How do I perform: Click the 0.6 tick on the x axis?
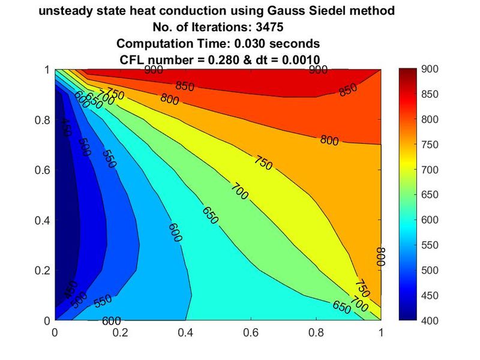pyautogui.click(x=251, y=331)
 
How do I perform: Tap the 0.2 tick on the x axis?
pyautogui.click(x=121, y=331)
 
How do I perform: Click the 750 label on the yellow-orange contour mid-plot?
pyautogui.click(x=263, y=162)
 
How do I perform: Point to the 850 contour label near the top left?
pyautogui.click(x=185, y=87)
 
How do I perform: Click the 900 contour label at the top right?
pyautogui.click(x=317, y=70)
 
